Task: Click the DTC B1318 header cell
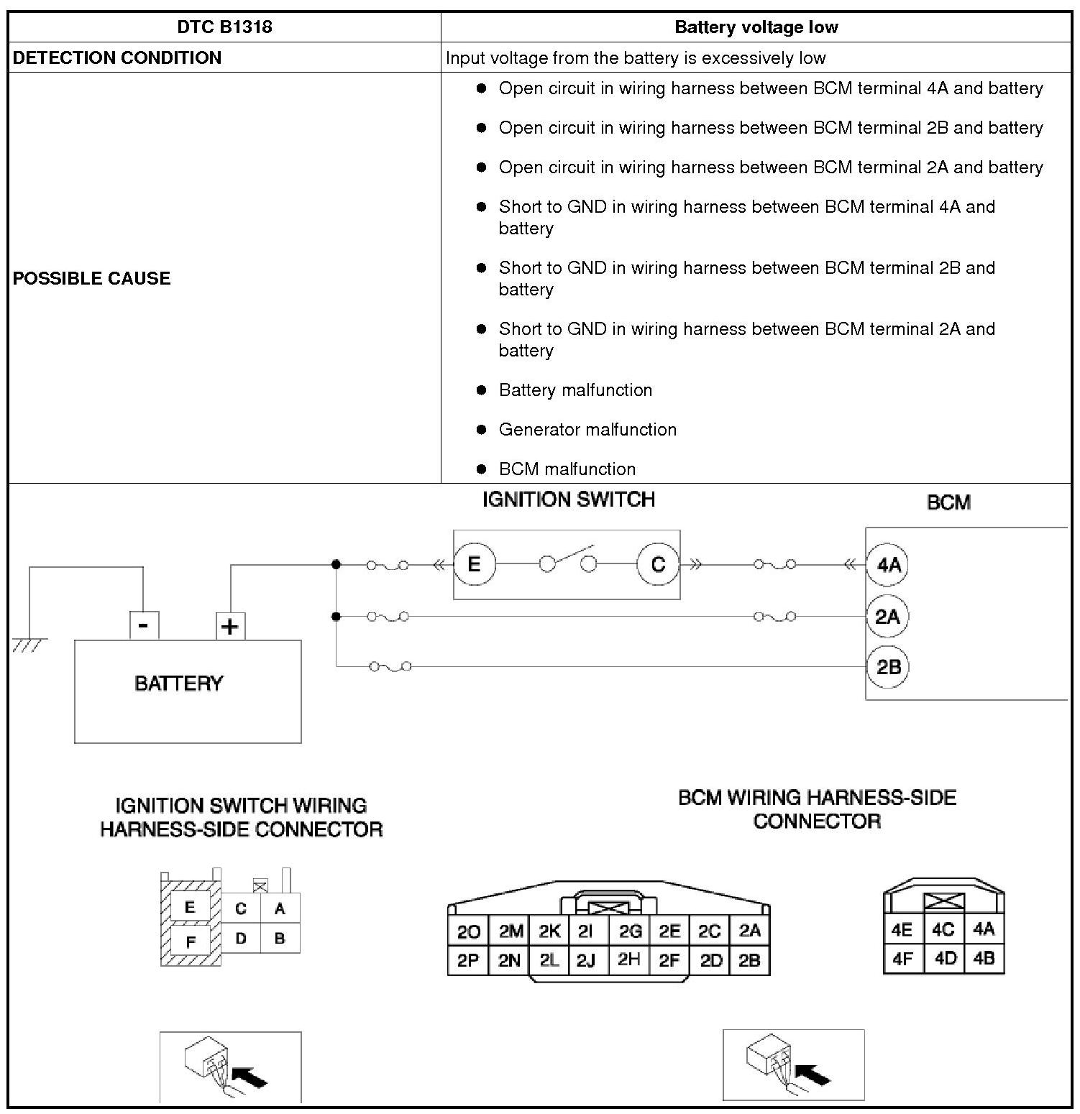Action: tap(224, 28)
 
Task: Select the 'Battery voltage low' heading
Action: tap(756, 28)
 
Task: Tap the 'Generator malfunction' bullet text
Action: tap(587, 430)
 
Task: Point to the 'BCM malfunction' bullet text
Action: tap(567, 469)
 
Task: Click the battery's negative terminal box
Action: tap(144, 625)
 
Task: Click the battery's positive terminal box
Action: tap(230, 626)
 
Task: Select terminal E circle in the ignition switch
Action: tap(474, 564)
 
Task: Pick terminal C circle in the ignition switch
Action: tap(658, 564)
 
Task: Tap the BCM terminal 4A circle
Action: tap(889, 564)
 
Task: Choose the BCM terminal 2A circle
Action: tap(888, 617)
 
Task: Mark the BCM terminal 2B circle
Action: tap(889, 667)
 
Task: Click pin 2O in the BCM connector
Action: tap(468, 932)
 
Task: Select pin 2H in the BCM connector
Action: tap(629, 959)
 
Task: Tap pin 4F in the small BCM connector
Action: tap(902, 959)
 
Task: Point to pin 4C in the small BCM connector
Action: tap(943, 930)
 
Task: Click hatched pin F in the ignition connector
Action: tap(191, 942)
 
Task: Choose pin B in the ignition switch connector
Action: tap(280, 938)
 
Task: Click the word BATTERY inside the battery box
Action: tap(178, 683)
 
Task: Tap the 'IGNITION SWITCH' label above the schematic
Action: tap(568, 500)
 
